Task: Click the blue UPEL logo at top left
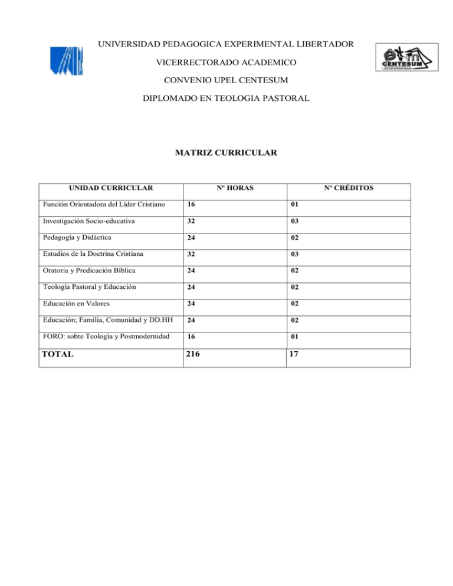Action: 65,61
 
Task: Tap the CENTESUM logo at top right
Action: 406,57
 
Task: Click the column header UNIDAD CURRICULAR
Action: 111,188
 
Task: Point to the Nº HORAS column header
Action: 234,188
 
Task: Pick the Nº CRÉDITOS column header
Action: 348,188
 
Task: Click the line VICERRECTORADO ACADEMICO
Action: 226,62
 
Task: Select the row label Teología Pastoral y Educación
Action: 88,288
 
